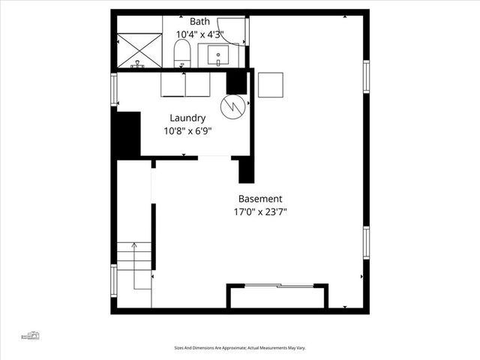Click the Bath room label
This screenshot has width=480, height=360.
tap(200, 21)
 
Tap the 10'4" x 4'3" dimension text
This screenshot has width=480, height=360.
tap(200, 34)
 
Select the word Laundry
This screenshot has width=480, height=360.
tap(187, 118)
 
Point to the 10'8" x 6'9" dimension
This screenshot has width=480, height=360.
tap(187, 131)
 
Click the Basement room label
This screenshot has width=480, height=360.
tap(260, 199)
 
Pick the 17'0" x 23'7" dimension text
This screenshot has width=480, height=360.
tap(260, 212)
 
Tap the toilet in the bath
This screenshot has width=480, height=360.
tap(181, 53)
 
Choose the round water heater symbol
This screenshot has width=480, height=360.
tap(232, 106)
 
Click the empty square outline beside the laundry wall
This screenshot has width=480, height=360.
tap(270, 84)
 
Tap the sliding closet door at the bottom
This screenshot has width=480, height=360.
tap(277, 286)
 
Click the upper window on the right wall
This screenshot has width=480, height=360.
tap(367, 78)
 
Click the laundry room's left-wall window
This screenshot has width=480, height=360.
tap(114, 89)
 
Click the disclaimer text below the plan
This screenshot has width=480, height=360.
tap(240, 348)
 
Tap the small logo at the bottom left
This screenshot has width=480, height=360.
tap(31, 335)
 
